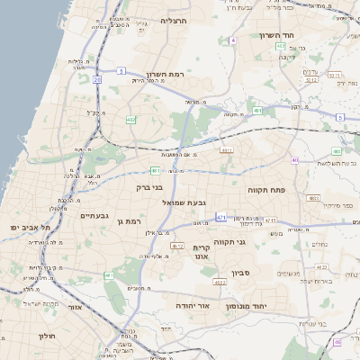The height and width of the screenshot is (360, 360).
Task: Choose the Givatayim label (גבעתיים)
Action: (94, 216)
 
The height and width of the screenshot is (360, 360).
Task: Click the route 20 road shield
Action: (96, 79)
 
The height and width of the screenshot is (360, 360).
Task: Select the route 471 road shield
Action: (220, 218)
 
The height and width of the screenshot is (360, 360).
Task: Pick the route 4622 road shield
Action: (220, 283)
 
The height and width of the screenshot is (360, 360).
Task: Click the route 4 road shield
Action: (232, 41)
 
